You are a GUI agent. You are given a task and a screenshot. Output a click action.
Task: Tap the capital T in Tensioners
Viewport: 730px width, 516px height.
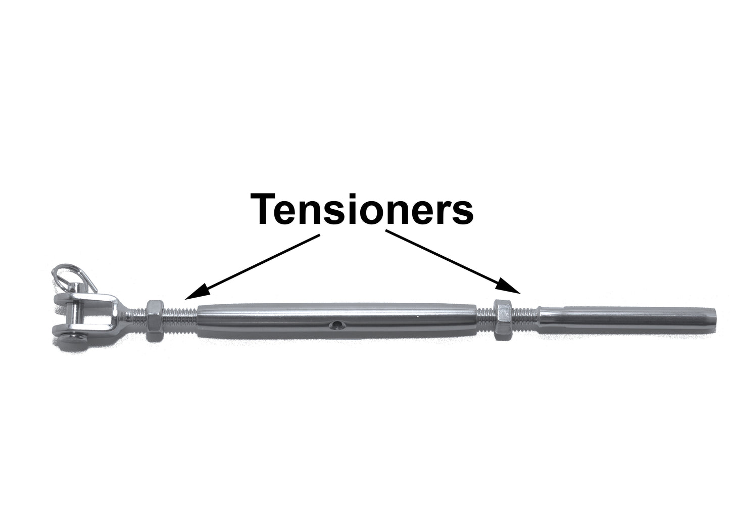(268, 208)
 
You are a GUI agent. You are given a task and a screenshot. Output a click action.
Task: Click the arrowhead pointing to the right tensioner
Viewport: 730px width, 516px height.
(510, 286)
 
